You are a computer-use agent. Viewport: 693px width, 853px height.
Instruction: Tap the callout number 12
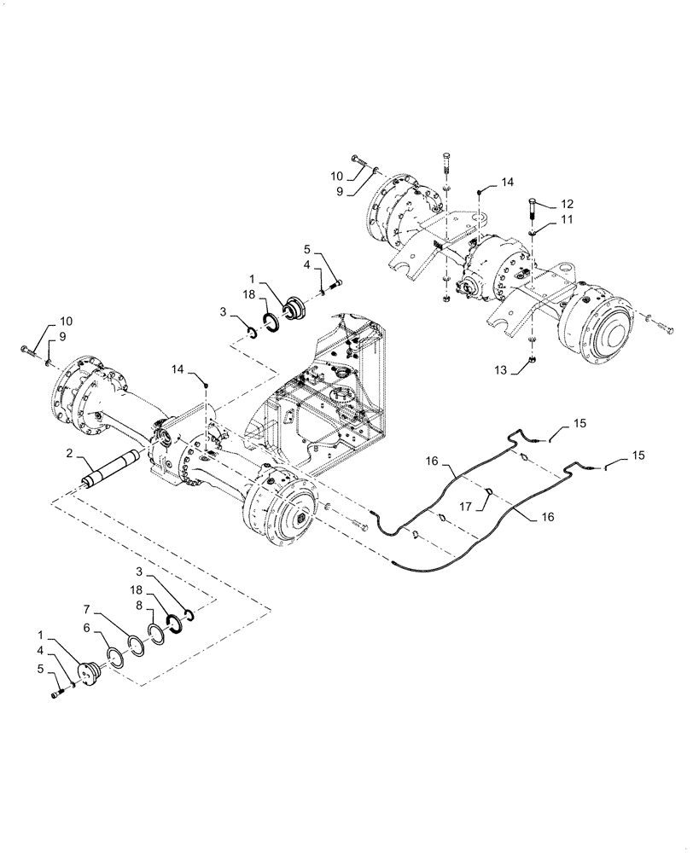click(567, 204)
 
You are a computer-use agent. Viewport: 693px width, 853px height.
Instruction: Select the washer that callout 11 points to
click(533, 231)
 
